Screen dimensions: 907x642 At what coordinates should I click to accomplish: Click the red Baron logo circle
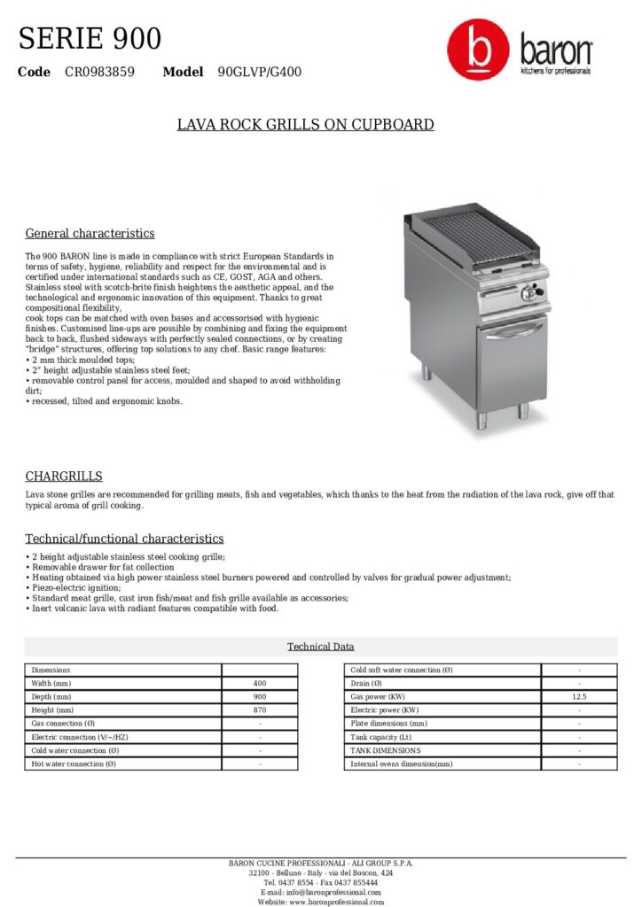pyautogui.click(x=478, y=52)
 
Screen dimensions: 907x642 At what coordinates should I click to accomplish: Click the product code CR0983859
pyautogui.click(x=99, y=72)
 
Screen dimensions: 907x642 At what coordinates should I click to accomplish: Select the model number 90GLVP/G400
pyautogui.click(x=259, y=72)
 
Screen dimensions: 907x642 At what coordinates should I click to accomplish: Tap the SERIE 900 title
pyautogui.click(x=90, y=39)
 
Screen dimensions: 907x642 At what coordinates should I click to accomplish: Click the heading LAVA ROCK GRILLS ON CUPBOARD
pyautogui.click(x=306, y=124)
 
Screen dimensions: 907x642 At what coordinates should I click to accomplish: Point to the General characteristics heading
pyautogui.click(x=90, y=234)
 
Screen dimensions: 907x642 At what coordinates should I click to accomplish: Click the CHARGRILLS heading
pyautogui.click(x=64, y=477)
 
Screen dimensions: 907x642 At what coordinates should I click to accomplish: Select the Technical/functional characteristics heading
pyautogui.click(x=124, y=539)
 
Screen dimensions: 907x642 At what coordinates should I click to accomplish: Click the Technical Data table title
pyautogui.click(x=320, y=647)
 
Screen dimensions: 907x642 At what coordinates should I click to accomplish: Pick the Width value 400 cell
pyautogui.click(x=260, y=684)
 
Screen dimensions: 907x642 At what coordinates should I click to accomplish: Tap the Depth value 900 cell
pyautogui.click(x=260, y=697)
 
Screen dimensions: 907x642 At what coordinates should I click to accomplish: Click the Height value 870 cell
pyautogui.click(x=260, y=710)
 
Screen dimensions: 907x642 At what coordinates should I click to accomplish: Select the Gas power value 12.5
pyautogui.click(x=579, y=697)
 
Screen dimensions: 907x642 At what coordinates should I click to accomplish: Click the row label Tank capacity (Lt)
pyautogui.click(x=381, y=737)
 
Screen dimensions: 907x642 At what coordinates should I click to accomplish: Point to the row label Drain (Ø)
pyautogui.click(x=366, y=684)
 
